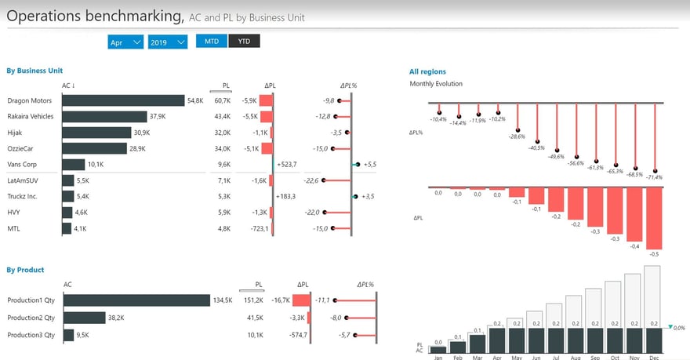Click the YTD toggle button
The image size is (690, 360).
[243, 41]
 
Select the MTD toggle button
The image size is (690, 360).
[212, 41]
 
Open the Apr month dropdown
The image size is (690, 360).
[125, 42]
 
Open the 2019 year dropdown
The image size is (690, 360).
[168, 42]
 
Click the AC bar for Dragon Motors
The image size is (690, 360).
[123, 100]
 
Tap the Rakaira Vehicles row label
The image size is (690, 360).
[30, 116]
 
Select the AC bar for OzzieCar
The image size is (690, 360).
[94, 148]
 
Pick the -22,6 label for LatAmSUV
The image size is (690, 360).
[311, 180]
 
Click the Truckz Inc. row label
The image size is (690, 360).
[23, 196]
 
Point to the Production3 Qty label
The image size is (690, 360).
[31, 335]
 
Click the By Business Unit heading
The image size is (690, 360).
[34, 71]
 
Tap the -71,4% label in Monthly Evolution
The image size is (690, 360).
[652, 177]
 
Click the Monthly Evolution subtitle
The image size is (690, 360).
[436, 84]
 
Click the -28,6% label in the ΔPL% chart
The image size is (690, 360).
[517, 136]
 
